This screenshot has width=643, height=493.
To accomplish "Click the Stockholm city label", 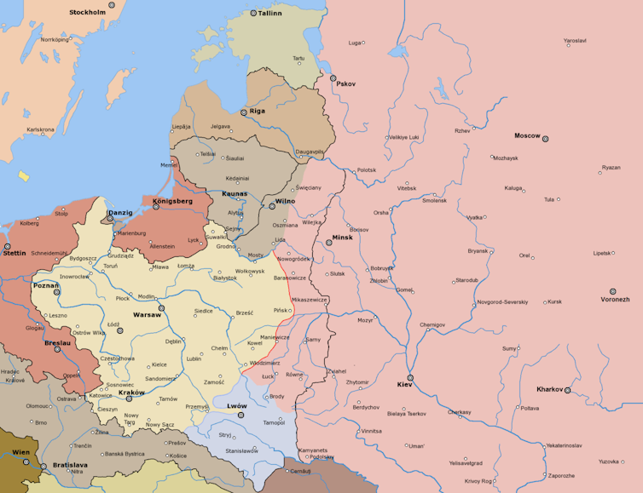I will coord(87,13).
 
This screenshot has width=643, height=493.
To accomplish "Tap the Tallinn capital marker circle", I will coord(253,13).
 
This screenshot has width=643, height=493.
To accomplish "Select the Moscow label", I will coord(527,135).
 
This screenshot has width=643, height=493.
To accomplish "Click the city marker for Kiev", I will coord(410,377).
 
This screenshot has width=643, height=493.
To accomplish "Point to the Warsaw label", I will coord(146,315).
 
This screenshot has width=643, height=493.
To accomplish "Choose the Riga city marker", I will coord(243,112).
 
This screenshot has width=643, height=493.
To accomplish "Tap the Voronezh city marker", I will coord(613,291).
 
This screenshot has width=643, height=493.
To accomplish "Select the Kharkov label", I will coord(549,389).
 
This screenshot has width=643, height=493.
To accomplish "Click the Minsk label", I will coord(342,237).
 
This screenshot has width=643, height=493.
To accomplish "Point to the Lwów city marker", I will coord(240,415).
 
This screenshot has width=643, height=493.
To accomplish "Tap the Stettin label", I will coord(14,253).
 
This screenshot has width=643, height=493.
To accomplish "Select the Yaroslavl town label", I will coord(575,41).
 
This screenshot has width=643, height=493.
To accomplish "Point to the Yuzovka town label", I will coord(609,461).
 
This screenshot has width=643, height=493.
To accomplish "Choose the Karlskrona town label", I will coord(40,129).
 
